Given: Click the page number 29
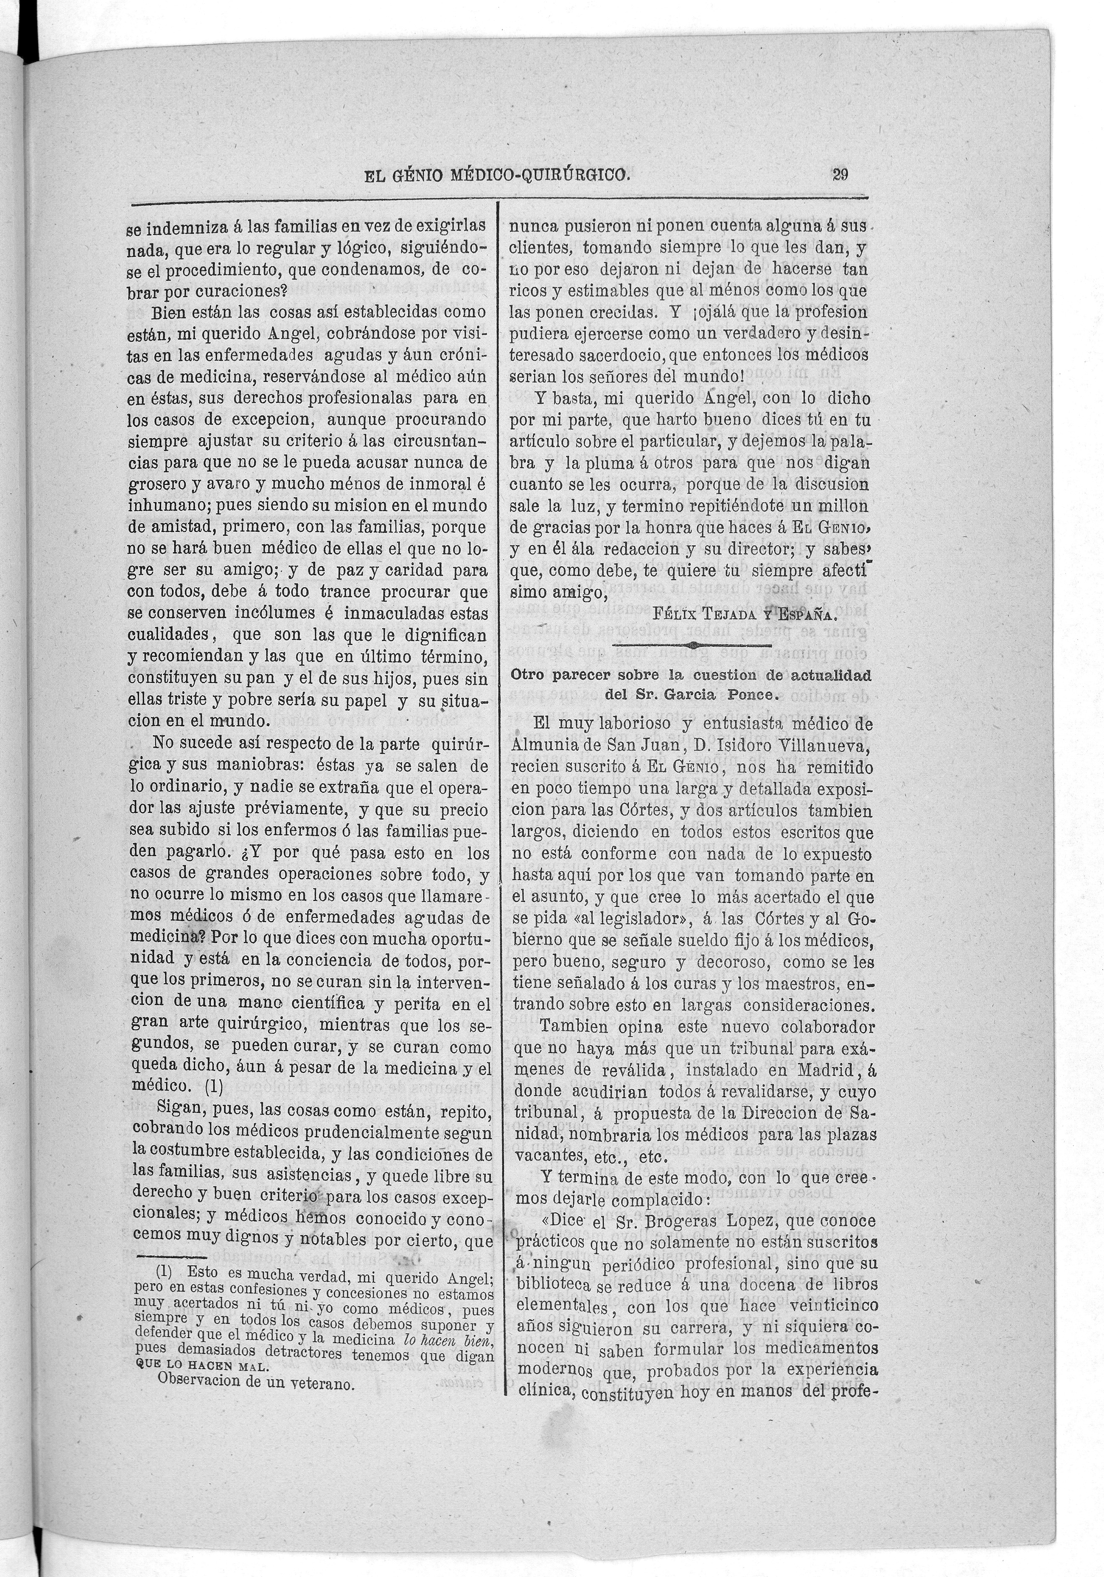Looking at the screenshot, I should [839, 174].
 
